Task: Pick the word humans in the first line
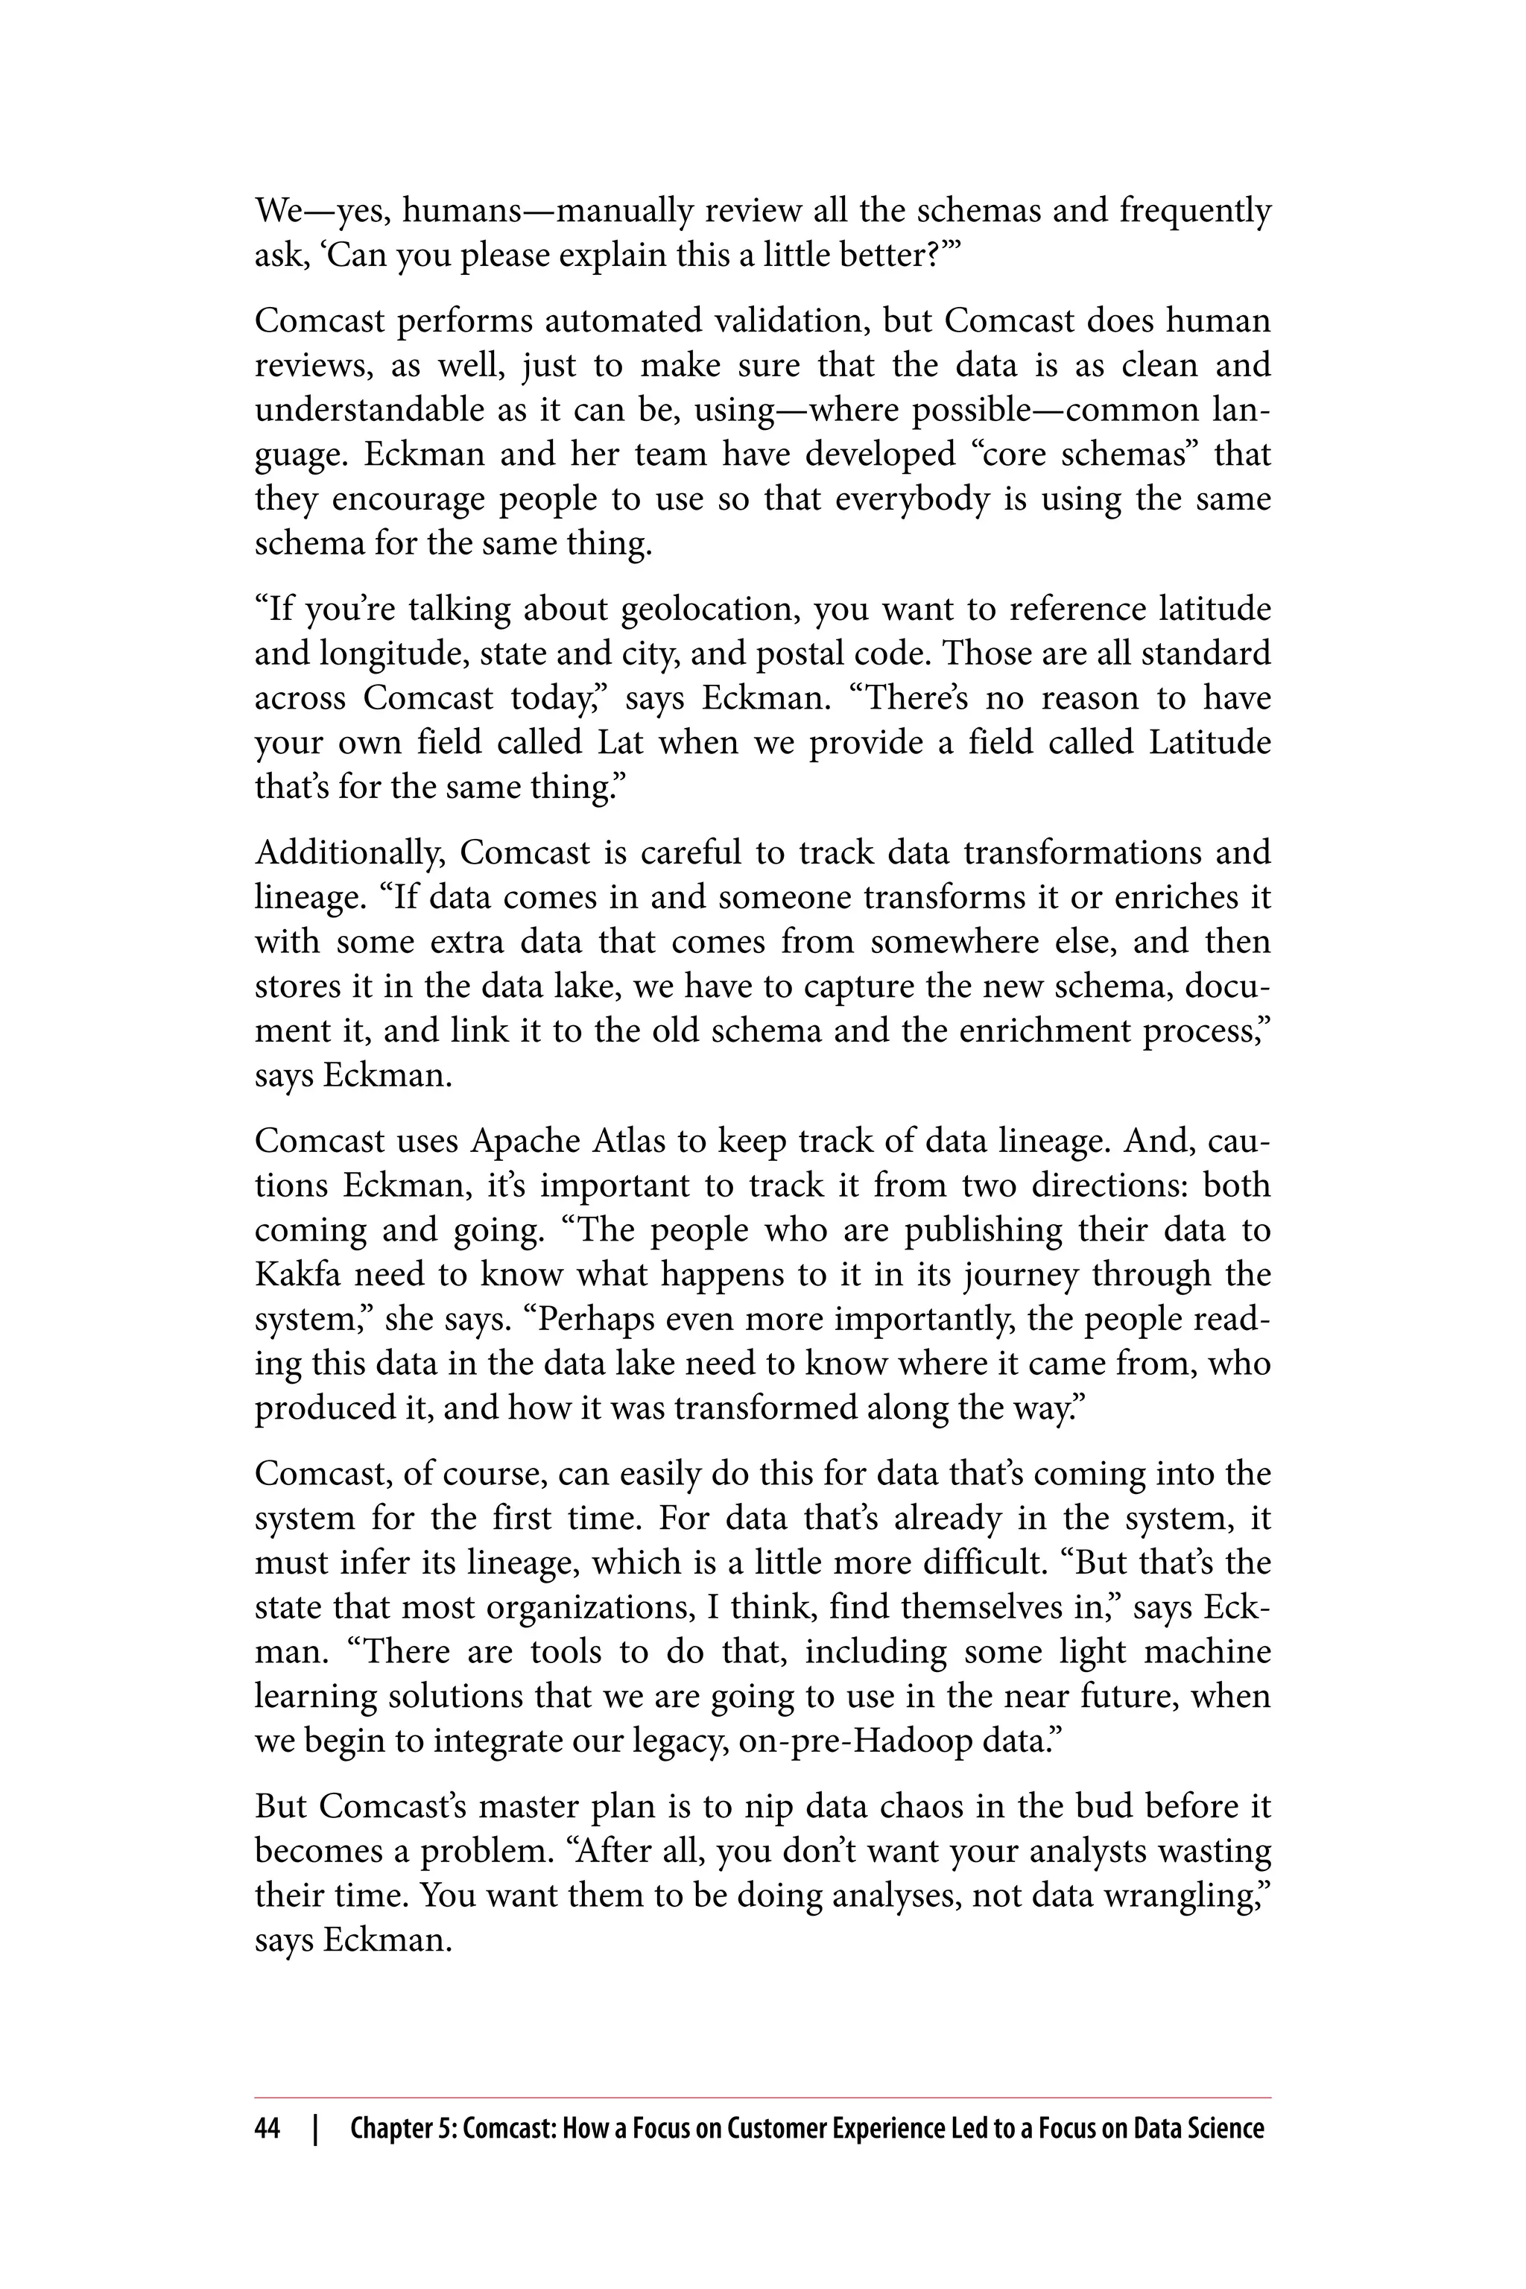(457, 211)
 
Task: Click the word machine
(1207, 1651)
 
